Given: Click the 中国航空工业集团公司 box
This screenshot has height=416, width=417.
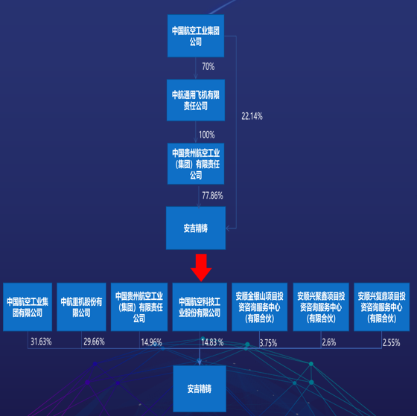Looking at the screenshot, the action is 196,36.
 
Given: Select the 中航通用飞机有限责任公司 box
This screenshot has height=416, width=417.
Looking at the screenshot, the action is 196,100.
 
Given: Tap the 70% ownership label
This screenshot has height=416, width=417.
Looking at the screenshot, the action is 208,66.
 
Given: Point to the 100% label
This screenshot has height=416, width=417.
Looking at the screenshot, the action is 207,135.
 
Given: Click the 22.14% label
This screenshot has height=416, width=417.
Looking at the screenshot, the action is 252,116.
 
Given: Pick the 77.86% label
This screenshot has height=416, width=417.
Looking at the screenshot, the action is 212,196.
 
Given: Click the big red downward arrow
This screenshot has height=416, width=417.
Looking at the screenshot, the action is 201,267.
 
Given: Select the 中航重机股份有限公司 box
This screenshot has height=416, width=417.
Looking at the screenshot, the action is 81,307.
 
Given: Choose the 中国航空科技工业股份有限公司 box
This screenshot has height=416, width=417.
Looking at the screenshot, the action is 200,307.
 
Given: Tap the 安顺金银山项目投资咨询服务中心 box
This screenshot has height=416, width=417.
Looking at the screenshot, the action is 260,307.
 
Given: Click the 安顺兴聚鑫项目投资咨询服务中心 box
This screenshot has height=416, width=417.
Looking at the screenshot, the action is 321,307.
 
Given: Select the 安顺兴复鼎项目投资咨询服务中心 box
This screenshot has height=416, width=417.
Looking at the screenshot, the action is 381,307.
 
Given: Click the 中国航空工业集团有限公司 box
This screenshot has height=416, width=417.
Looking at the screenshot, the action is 28,307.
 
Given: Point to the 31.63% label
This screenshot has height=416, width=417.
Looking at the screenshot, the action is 41,342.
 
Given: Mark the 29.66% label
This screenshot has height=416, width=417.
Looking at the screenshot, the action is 94,342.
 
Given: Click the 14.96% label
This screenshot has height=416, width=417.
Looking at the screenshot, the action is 151,342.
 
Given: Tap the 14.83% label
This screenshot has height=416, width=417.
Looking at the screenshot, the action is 212,342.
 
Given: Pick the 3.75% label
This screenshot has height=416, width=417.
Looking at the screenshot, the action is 268,343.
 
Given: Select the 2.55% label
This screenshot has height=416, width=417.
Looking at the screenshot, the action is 391,343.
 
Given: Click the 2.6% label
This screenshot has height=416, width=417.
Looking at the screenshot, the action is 329,342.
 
